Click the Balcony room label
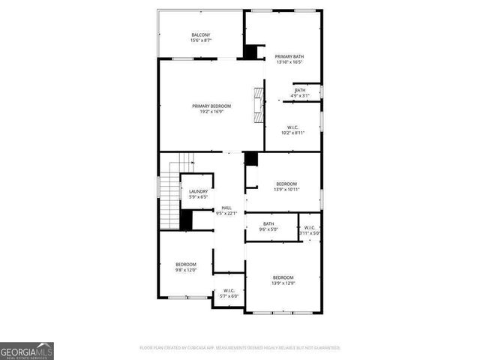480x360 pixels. click(201, 34)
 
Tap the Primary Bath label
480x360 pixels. click(289, 56)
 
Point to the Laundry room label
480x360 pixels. click(198, 192)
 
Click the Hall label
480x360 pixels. click(226, 208)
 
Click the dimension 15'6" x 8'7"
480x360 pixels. click(201, 40)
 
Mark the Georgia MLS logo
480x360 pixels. click(27, 350)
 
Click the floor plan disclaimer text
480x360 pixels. click(240, 348)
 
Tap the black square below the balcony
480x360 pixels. click(252, 53)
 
